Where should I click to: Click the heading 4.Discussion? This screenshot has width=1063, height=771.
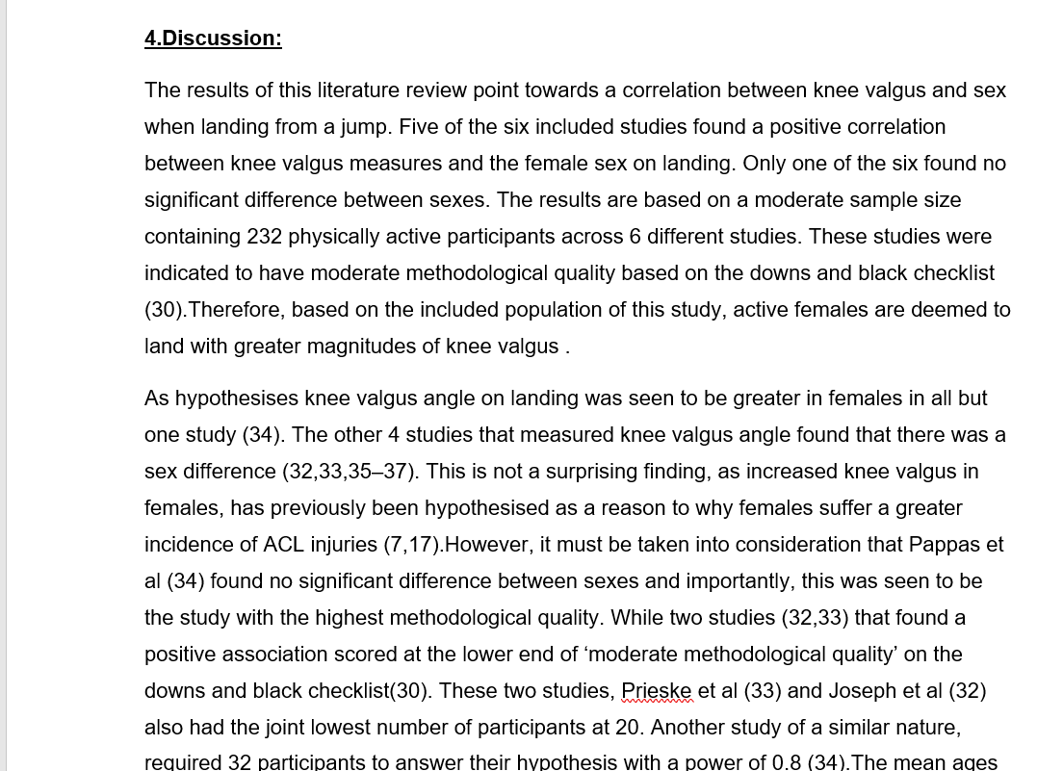pos(213,39)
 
